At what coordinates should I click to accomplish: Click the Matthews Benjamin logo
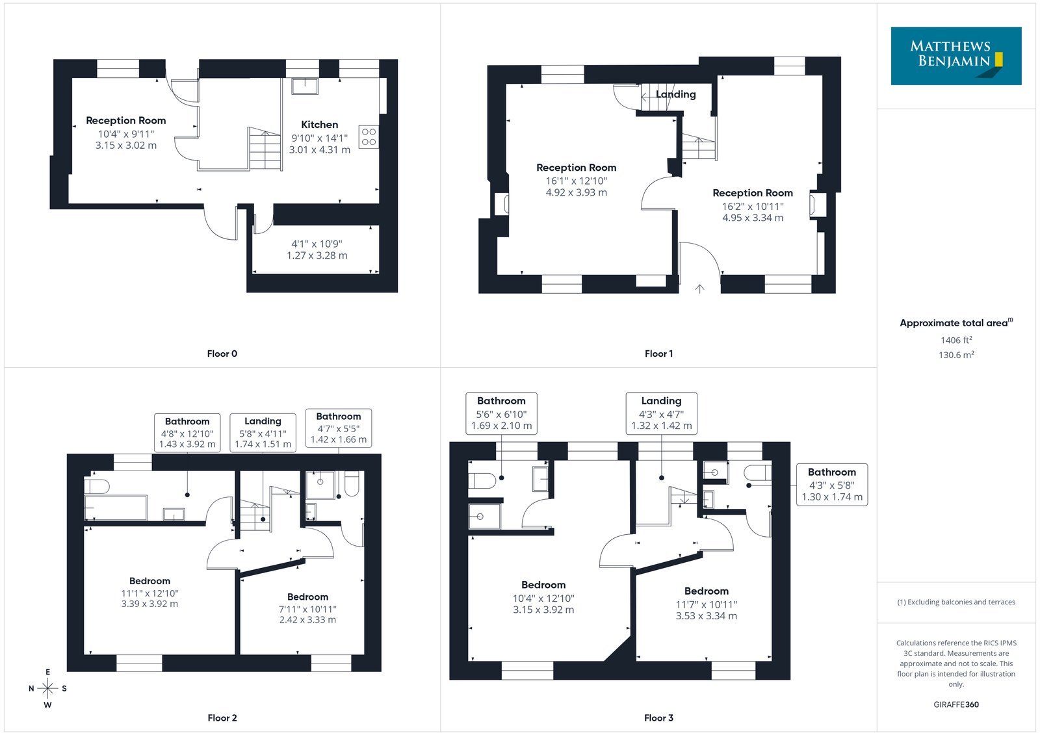(955, 56)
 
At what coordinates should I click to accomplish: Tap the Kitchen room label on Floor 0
(319, 124)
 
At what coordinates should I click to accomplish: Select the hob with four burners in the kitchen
(369, 137)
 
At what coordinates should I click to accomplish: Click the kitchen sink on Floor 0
(305, 87)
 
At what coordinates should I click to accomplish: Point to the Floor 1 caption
(658, 354)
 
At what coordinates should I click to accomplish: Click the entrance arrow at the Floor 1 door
(699, 289)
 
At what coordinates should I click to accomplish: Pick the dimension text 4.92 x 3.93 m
(576, 192)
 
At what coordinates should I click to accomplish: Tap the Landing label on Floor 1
(675, 94)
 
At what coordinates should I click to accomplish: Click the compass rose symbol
(48, 688)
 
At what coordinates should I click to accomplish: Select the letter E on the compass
(48, 672)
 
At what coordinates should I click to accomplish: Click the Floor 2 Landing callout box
(263, 432)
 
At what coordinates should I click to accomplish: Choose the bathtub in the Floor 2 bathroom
(116, 508)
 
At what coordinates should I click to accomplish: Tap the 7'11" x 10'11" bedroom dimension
(307, 609)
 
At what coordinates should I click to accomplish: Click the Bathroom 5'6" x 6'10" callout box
(501, 413)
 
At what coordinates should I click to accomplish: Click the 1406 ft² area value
(956, 340)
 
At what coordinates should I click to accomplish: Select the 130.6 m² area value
(956, 355)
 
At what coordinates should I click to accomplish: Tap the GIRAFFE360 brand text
(956, 704)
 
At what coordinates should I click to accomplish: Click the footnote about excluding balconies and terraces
(956, 602)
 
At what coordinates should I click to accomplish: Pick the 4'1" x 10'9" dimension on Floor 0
(317, 244)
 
